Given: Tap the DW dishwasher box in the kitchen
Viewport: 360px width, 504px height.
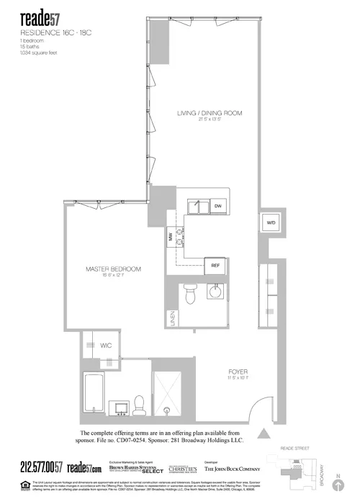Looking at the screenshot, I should coord(217,206).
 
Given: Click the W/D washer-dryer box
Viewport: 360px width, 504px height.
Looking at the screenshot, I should coord(271,222).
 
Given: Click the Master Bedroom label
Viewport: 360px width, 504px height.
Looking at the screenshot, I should coord(113,269).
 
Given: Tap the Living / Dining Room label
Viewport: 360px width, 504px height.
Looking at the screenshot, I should coord(210,113).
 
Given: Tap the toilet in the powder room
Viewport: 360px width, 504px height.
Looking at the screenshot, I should coord(190,294).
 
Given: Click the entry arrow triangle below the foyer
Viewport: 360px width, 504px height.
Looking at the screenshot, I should coord(264,433).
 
